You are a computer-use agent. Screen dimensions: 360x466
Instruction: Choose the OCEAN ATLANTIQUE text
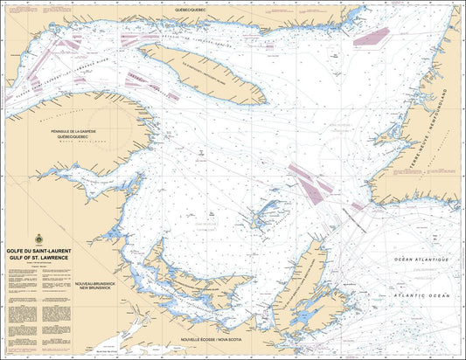coord(421,260)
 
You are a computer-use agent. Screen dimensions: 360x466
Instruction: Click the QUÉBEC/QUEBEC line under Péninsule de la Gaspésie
coord(71,137)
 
